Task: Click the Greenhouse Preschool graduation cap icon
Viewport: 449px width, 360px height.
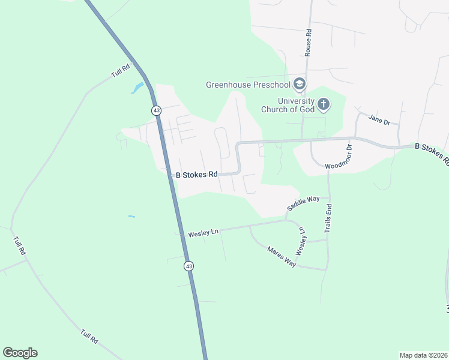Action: pyautogui.click(x=300, y=84)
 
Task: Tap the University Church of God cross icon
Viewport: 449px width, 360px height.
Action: pyautogui.click(x=324, y=105)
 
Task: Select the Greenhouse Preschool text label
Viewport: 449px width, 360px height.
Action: pyautogui.click(x=248, y=85)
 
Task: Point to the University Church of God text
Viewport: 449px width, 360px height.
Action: pyautogui.click(x=288, y=105)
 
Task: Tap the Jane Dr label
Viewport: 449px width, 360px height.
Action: pyautogui.click(x=379, y=119)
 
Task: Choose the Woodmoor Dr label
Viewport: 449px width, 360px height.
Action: pyautogui.click(x=340, y=157)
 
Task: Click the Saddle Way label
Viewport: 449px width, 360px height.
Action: pyautogui.click(x=303, y=203)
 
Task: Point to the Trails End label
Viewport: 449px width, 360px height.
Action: pyautogui.click(x=328, y=218)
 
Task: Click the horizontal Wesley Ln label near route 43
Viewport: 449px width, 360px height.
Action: pyautogui.click(x=202, y=232)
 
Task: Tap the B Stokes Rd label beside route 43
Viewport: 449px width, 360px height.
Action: pyautogui.click(x=196, y=175)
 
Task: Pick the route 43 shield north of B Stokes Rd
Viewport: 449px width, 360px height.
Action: pyautogui.click(x=156, y=110)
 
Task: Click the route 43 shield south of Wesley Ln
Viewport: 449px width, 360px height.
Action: pyautogui.click(x=188, y=266)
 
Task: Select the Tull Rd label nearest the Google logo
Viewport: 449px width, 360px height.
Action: pyautogui.click(x=89, y=335)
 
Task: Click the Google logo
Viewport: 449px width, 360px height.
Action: pyautogui.click(x=20, y=353)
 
